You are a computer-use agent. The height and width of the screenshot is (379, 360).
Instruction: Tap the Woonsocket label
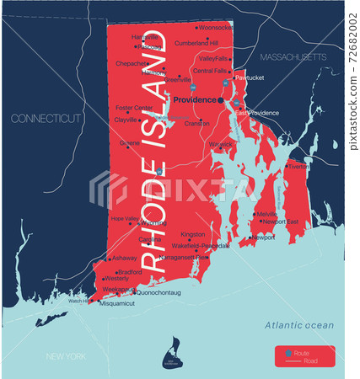tap(217, 28)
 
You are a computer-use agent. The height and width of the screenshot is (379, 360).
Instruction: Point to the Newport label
tap(263, 238)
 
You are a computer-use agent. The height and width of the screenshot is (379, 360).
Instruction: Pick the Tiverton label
tap(298, 166)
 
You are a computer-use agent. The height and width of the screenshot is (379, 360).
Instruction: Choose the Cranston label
tap(196, 123)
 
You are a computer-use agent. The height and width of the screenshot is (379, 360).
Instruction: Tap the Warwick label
tap(220, 144)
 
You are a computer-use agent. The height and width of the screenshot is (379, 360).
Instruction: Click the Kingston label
tap(193, 235)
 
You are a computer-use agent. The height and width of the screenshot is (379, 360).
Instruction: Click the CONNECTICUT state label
tap(44, 120)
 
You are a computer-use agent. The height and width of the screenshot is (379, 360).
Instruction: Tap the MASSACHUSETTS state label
tap(293, 57)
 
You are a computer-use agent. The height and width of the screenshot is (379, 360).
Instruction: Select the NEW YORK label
tap(67, 356)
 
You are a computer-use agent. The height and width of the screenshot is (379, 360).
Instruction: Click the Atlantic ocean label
tap(299, 325)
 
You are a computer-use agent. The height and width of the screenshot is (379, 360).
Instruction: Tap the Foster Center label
tap(134, 108)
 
